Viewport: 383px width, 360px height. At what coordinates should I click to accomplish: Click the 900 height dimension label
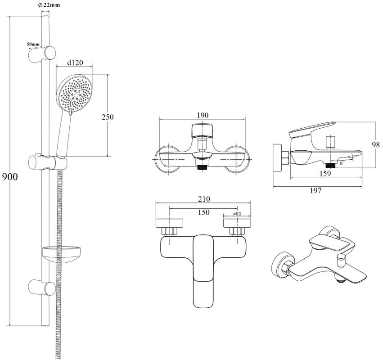(x=10, y=177)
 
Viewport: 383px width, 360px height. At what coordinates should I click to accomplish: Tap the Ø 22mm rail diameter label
(x=50, y=5)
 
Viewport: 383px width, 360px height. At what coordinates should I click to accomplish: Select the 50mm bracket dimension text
(x=33, y=44)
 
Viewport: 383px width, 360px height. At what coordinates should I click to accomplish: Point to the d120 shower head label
(x=75, y=63)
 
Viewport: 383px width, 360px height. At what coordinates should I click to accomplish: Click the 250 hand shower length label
(x=107, y=117)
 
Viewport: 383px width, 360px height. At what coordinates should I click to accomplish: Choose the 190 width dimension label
(x=203, y=115)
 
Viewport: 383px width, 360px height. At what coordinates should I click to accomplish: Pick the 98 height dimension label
(x=376, y=144)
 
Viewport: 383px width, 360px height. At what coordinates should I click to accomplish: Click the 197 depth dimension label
(x=315, y=191)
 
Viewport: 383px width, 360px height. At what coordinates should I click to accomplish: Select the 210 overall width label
(x=203, y=199)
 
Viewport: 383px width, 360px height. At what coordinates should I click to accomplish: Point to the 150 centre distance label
(x=204, y=212)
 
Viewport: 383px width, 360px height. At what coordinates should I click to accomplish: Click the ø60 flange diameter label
(x=237, y=214)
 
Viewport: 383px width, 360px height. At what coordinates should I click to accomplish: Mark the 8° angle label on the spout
(x=342, y=164)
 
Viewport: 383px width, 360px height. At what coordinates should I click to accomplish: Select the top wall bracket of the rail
(x=42, y=54)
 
